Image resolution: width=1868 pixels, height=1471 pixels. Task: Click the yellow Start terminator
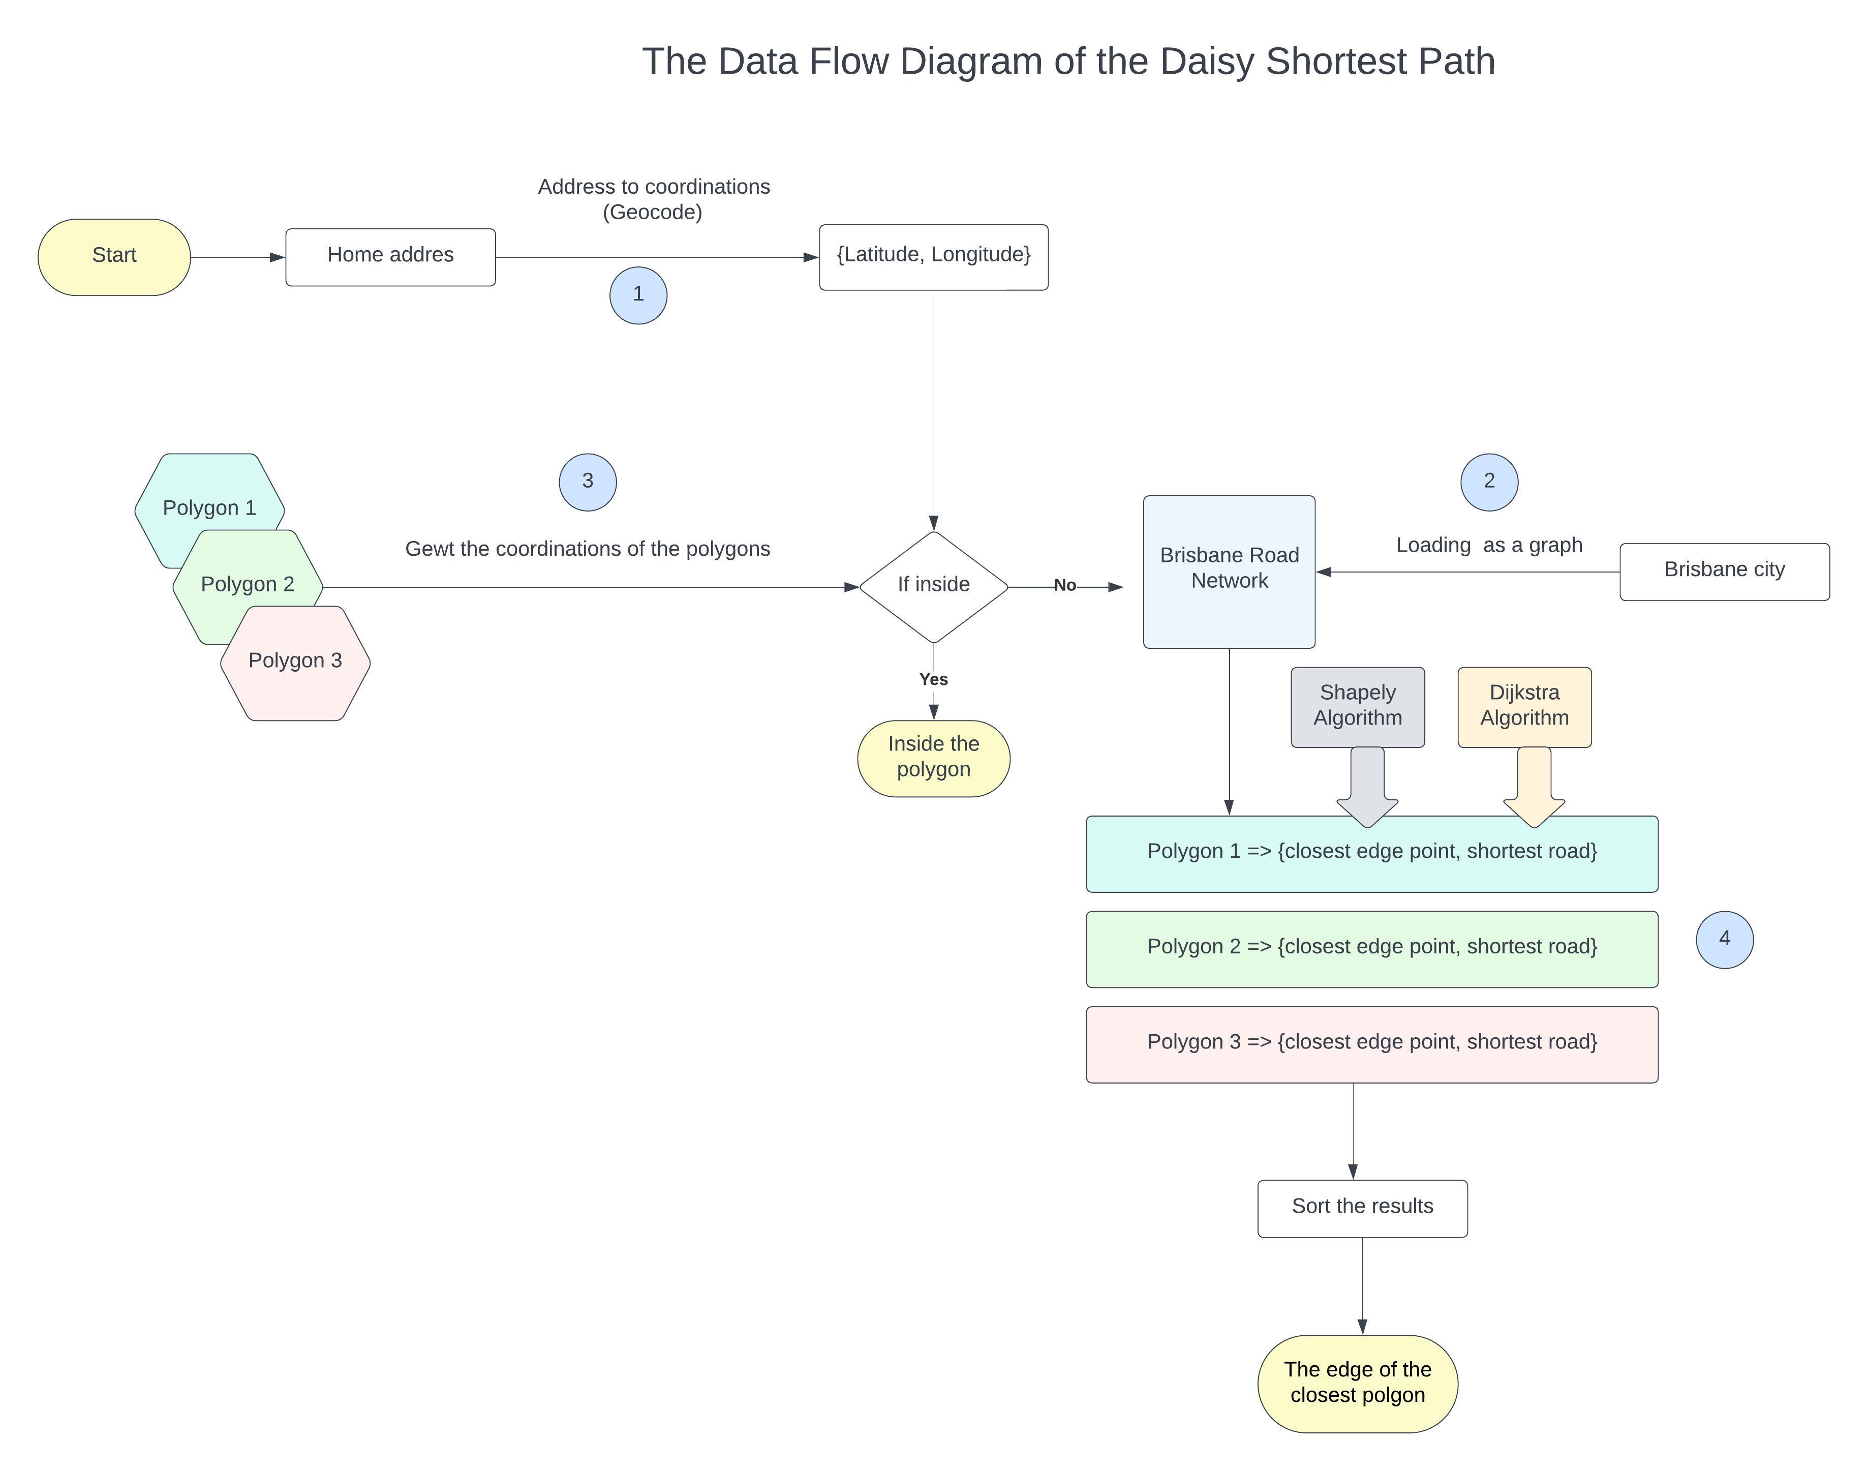click(114, 257)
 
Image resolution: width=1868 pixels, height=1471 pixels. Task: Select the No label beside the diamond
click(1065, 586)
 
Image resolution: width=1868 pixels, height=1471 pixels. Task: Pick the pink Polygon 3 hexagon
click(295, 663)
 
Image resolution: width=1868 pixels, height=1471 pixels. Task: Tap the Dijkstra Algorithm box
click(1524, 706)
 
